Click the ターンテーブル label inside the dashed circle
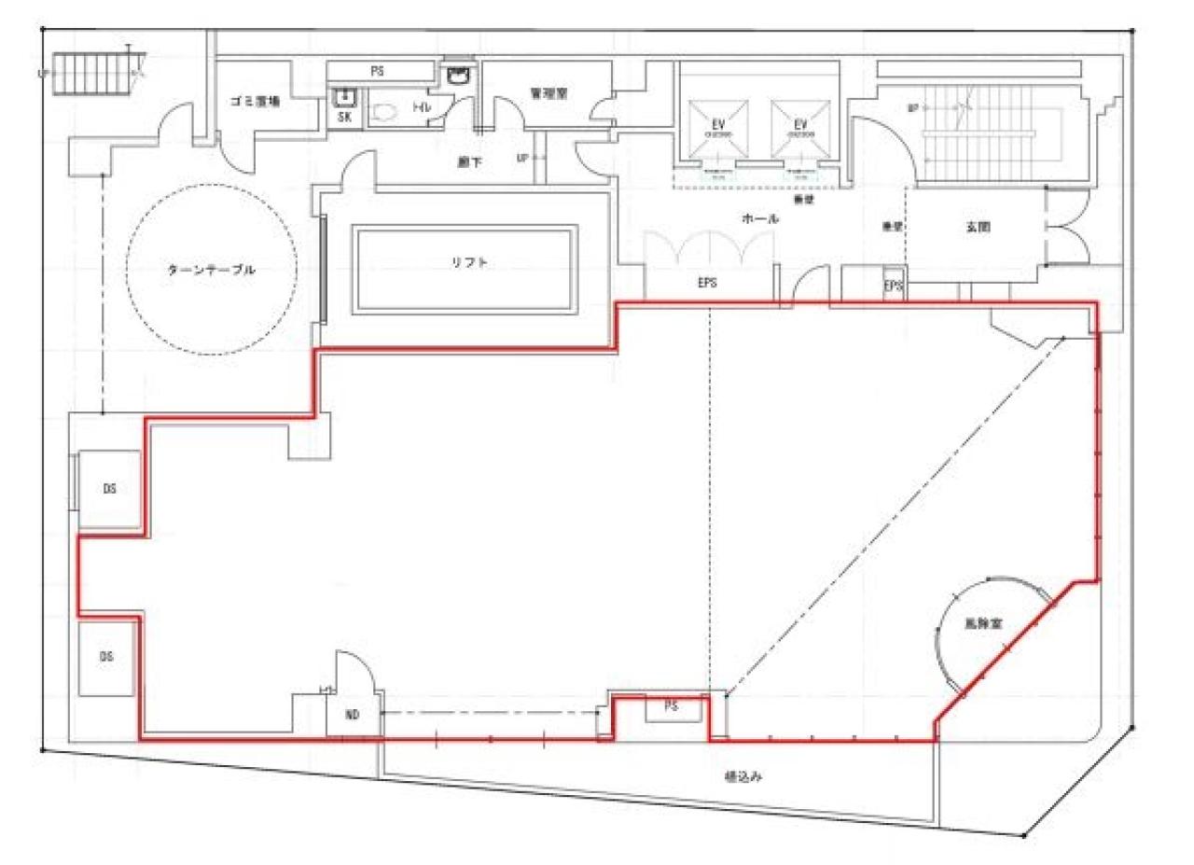pos(211,270)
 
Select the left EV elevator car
pos(717,130)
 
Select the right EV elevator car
pos(799,130)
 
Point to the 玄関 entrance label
pos(976,225)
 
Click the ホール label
pos(759,218)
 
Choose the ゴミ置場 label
pos(255,102)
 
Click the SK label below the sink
pos(344,119)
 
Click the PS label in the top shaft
pos(378,71)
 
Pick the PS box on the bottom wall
pos(670,708)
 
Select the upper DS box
pos(109,488)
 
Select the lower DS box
pos(106,656)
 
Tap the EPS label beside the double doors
pos(706,284)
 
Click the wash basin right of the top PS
pos(457,76)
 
